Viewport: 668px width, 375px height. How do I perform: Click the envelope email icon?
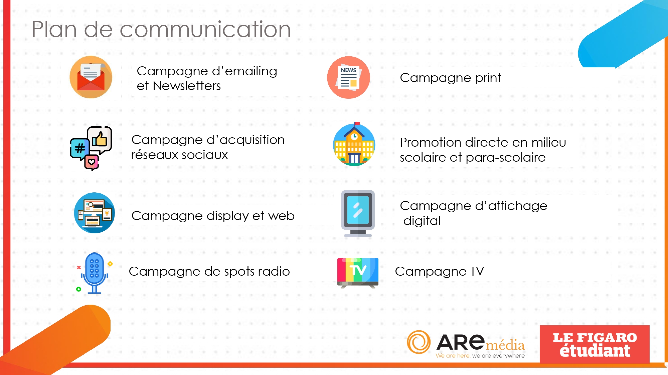click(x=91, y=77)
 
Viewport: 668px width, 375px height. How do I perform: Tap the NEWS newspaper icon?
click(x=348, y=77)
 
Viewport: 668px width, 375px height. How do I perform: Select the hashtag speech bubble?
click(x=79, y=149)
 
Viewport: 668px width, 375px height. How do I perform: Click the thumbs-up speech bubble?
click(x=100, y=140)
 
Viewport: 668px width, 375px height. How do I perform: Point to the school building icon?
click(x=354, y=144)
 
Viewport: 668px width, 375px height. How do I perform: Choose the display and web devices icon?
click(x=95, y=213)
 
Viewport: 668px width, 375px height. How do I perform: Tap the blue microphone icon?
click(x=95, y=273)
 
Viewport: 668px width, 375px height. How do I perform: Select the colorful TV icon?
click(x=358, y=273)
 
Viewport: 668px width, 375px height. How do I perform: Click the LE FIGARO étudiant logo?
click(x=595, y=344)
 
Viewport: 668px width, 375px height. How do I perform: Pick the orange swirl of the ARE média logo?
click(x=419, y=342)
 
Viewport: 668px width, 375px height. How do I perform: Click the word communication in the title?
click(x=205, y=29)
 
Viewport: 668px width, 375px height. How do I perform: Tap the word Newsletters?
click(x=187, y=86)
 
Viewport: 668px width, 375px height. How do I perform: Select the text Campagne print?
click(x=451, y=78)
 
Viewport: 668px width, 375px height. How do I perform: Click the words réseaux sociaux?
click(x=179, y=155)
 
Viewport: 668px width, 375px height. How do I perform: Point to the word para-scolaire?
click(x=506, y=157)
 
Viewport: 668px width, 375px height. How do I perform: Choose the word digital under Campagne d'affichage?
click(x=422, y=221)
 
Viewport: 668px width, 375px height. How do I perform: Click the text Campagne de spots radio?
click(x=209, y=272)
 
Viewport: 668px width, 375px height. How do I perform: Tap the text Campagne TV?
click(x=439, y=271)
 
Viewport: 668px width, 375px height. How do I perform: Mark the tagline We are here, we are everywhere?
click(x=480, y=356)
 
